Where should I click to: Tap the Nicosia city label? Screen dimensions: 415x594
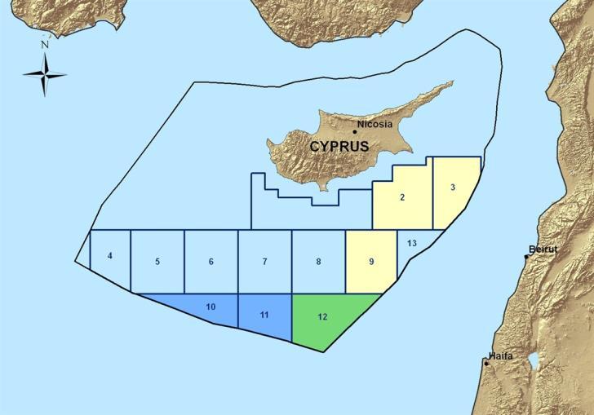[x=376, y=125]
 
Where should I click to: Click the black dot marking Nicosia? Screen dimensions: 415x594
[x=355, y=130]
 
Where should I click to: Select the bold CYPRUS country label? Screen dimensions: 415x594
[x=339, y=147]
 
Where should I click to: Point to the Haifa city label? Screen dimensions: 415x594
[x=500, y=356]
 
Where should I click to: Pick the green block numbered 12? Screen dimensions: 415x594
[x=326, y=320]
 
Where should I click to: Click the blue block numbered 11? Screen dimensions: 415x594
[x=264, y=316]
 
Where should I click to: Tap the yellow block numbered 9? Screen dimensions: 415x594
[x=370, y=262]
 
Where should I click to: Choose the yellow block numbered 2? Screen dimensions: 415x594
[x=402, y=198]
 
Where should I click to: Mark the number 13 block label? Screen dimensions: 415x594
[x=411, y=243]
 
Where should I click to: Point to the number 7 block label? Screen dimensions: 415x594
[x=264, y=262]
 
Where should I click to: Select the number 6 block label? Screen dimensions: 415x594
[x=211, y=262]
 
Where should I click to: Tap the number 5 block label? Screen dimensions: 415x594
[x=157, y=262]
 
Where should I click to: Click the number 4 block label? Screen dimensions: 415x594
[x=109, y=256]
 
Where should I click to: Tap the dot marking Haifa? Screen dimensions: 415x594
[x=487, y=363]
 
